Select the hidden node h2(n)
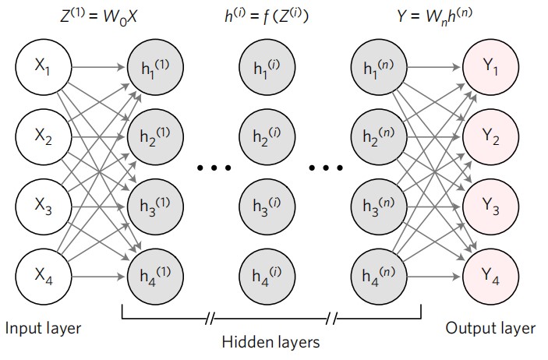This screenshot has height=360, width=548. click(378, 138)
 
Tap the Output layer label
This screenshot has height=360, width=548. click(490, 328)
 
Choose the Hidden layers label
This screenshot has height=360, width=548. click(270, 341)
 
